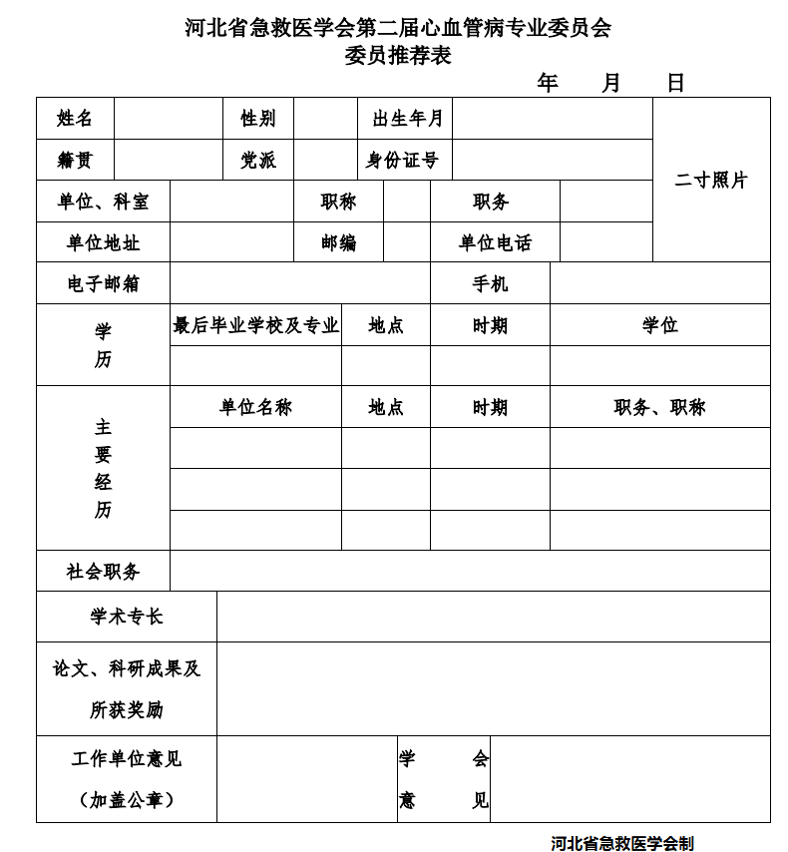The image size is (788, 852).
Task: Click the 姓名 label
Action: (x=75, y=119)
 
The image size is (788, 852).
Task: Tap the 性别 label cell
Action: (x=257, y=119)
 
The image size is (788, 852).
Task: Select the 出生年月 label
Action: (x=406, y=119)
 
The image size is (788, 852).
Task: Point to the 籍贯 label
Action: (x=75, y=160)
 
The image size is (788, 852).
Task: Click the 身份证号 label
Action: (x=402, y=160)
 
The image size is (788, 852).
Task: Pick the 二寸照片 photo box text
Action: (x=710, y=181)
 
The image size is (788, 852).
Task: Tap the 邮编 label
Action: (x=338, y=242)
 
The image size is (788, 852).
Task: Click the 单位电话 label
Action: (x=495, y=242)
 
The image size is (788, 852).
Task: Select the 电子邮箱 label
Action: (x=103, y=283)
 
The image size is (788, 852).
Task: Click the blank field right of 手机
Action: (x=659, y=283)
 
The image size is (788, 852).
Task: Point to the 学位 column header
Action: (x=659, y=325)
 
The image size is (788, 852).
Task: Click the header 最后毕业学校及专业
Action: (x=255, y=325)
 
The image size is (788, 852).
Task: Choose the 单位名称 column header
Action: (x=255, y=407)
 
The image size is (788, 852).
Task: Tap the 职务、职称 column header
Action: (x=659, y=407)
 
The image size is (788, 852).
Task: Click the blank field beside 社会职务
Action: (x=469, y=571)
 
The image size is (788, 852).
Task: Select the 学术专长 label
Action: (x=126, y=617)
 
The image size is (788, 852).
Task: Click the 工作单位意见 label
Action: (x=126, y=759)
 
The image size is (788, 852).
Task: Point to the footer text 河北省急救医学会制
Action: (x=621, y=842)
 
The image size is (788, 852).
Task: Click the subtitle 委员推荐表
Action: (x=397, y=56)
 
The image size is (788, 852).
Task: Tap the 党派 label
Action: (x=257, y=160)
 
